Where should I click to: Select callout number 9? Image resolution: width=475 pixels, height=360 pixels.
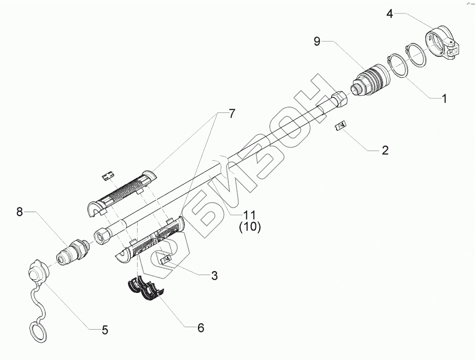317,42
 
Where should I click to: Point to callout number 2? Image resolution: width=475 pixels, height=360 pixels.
385,150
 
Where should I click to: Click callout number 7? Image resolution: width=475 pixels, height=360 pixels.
231,114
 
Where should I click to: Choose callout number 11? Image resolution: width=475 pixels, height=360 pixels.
250,214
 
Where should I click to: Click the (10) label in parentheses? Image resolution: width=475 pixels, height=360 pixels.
250,227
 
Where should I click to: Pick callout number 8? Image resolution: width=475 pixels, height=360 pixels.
20,211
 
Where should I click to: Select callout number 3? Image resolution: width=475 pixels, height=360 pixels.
214,276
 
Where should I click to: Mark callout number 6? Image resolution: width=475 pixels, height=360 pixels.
200,328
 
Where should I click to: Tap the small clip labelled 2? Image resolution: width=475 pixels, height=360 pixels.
340,126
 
